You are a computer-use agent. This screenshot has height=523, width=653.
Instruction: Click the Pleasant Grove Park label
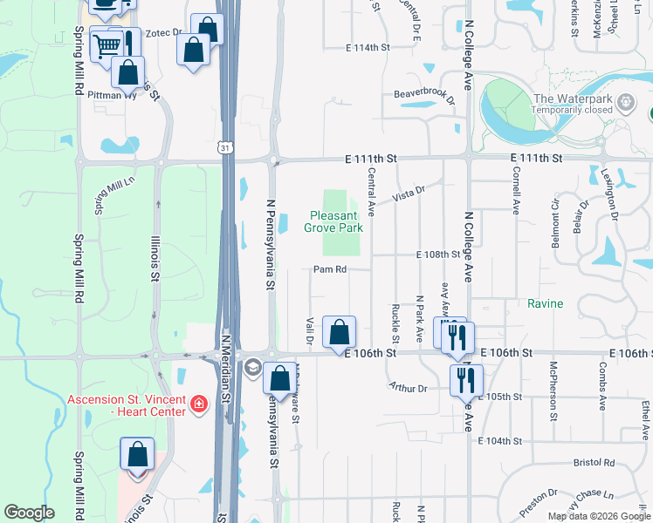pyautogui.click(x=333, y=221)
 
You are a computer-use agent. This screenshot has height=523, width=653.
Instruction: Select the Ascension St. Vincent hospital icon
pyautogui.click(x=199, y=404)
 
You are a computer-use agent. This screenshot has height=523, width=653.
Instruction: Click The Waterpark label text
pyautogui.click(x=572, y=98)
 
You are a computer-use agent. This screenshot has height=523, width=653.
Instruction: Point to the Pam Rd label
pyautogui.click(x=330, y=269)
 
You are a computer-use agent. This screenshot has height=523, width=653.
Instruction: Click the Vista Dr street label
pyautogui.click(x=408, y=193)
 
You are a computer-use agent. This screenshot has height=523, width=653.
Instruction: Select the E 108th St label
pyautogui.click(x=438, y=255)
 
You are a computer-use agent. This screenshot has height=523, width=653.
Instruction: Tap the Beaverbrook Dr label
pyautogui.click(x=424, y=95)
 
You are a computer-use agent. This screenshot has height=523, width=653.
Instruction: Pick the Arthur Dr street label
pyautogui.click(x=409, y=388)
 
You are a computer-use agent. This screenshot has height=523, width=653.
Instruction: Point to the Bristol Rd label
pyautogui.click(x=594, y=463)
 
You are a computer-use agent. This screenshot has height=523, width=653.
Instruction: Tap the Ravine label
pyautogui.click(x=545, y=304)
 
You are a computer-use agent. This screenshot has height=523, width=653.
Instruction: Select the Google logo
pyautogui.click(x=29, y=513)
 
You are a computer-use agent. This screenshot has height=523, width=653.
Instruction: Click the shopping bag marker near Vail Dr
pyautogui.click(x=339, y=331)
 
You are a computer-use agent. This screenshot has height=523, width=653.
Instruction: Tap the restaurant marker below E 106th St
pyautogui.click(x=466, y=379)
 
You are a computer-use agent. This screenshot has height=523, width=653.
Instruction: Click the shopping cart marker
pyautogui.click(x=107, y=44)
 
